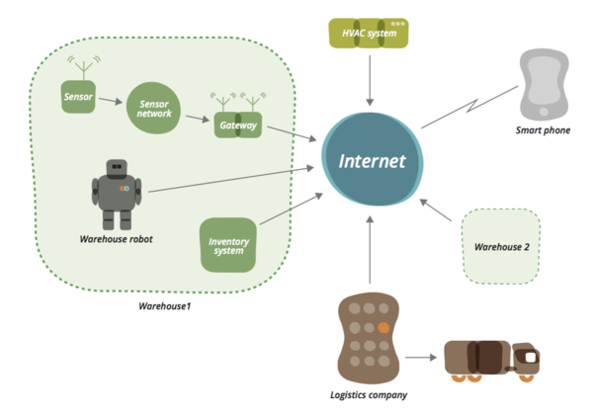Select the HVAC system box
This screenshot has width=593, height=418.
click(x=369, y=35)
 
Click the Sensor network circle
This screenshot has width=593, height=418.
click(x=153, y=109)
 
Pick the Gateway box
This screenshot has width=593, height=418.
click(x=237, y=125)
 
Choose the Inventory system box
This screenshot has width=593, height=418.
click(x=228, y=244)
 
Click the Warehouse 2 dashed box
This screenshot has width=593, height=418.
click(x=501, y=244)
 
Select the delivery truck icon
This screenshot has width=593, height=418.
click(x=492, y=359)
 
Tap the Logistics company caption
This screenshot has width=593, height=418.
click(x=368, y=395)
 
